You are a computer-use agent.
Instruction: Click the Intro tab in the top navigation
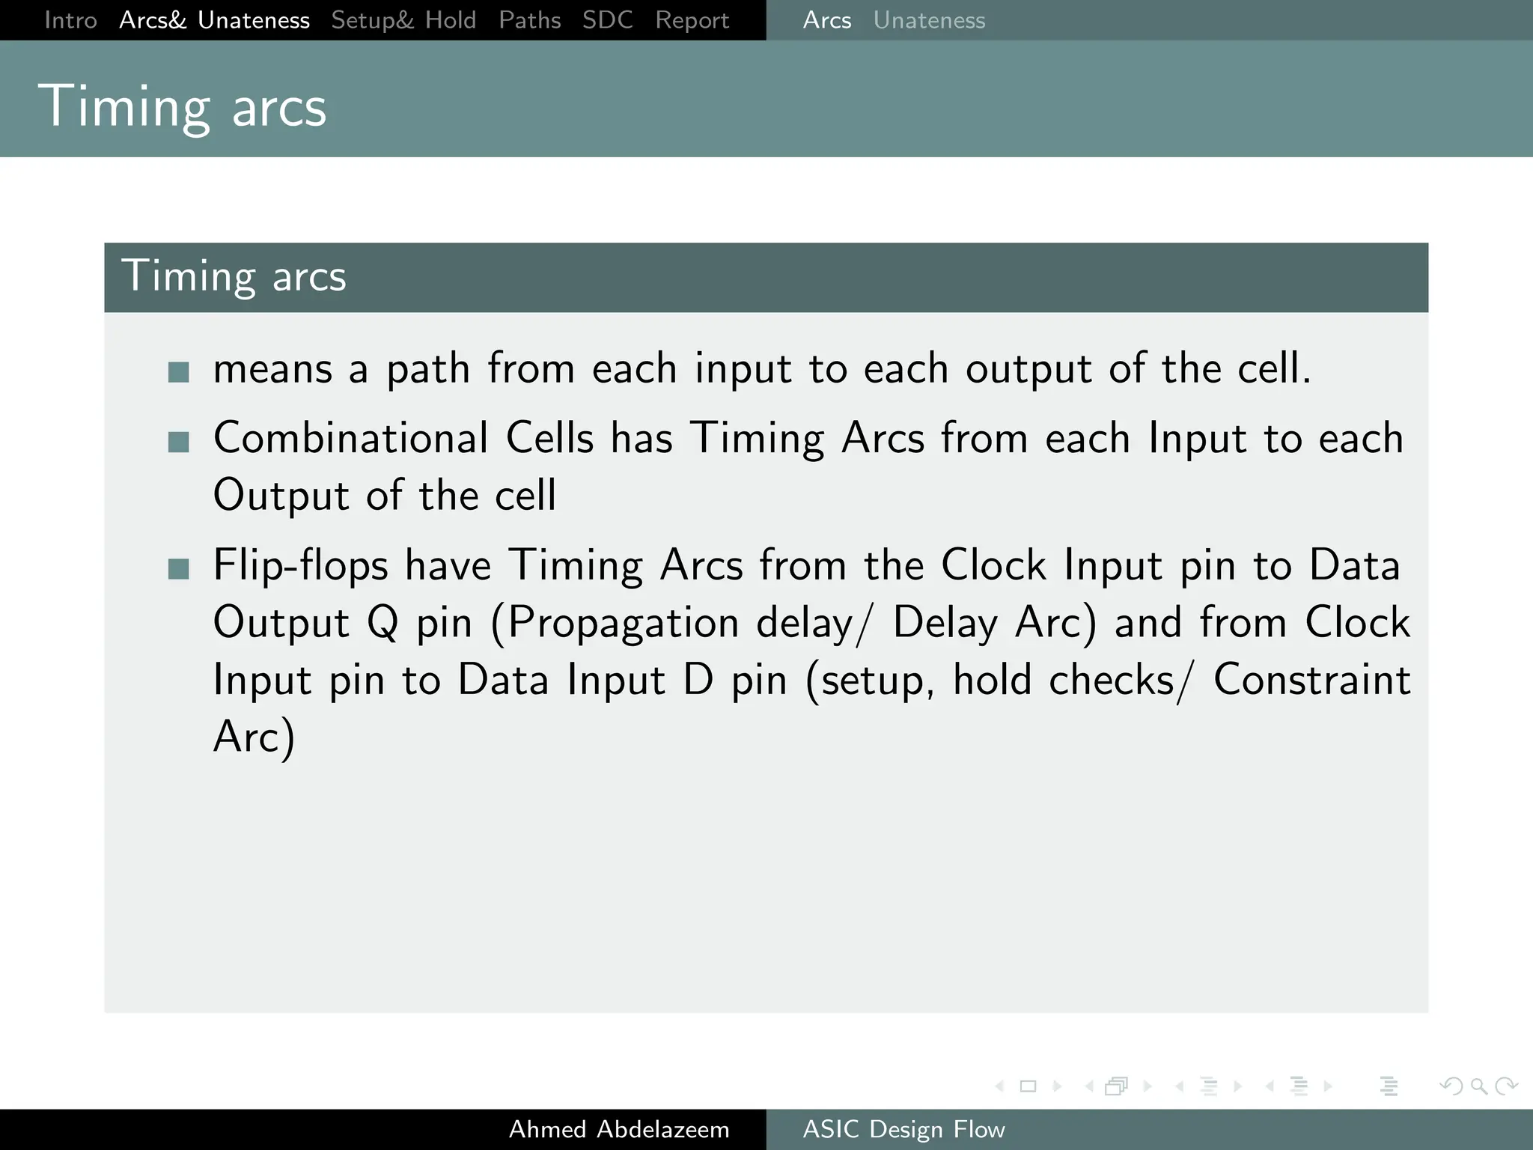[x=70, y=20]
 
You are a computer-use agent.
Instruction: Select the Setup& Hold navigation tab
[x=403, y=20]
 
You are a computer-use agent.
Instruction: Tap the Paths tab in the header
[x=529, y=20]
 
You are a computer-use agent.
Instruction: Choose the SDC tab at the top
[x=607, y=20]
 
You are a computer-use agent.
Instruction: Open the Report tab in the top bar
[x=692, y=20]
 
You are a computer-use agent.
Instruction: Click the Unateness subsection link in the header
[x=929, y=20]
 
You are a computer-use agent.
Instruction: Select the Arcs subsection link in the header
[x=826, y=20]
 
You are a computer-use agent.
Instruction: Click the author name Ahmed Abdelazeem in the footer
[x=619, y=1129]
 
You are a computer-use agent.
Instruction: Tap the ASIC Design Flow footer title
[x=903, y=1129]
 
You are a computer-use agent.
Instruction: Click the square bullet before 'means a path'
[x=179, y=372]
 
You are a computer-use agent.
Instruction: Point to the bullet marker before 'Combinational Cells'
[x=179, y=442]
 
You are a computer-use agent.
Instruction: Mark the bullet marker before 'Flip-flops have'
[x=179, y=569]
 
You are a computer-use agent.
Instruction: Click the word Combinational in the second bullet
[x=350, y=438]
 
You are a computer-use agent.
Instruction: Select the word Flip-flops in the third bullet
[x=300, y=565]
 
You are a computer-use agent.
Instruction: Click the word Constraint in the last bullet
[x=1311, y=680]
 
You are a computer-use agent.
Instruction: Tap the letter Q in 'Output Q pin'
[x=383, y=623]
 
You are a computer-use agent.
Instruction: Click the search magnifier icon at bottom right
[x=1478, y=1086]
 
